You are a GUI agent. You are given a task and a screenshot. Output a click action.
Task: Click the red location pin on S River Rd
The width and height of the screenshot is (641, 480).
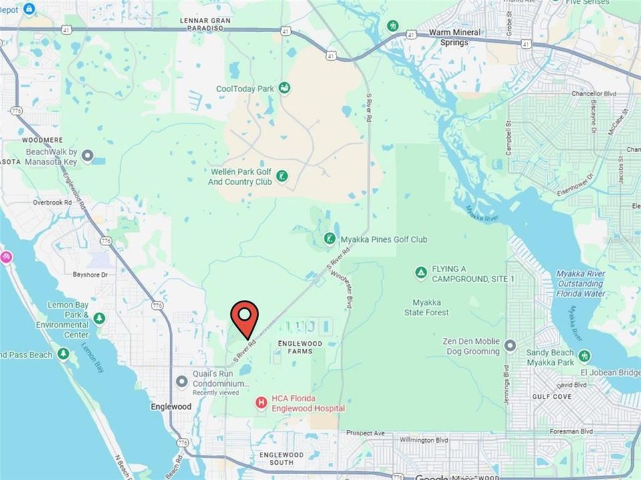click(x=246, y=319)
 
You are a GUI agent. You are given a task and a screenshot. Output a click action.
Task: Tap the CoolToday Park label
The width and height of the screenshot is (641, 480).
click(x=246, y=88)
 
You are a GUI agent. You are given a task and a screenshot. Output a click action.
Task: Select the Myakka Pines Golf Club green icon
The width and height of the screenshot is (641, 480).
click(x=329, y=239)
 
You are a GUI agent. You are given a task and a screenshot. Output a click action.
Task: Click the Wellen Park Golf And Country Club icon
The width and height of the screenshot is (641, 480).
click(x=283, y=177)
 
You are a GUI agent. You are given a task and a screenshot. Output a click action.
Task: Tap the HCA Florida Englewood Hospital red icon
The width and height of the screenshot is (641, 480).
click(x=261, y=403)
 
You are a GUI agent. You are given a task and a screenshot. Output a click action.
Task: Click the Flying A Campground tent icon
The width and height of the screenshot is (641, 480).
click(x=421, y=273)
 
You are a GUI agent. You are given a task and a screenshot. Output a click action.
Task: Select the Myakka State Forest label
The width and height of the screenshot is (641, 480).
click(x=426, y=307)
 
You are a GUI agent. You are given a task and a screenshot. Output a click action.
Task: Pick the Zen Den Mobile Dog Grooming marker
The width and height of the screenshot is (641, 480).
click(x=510, y=345)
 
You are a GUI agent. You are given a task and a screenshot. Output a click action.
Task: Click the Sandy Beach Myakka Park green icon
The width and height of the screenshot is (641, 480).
click(x=584, y=356)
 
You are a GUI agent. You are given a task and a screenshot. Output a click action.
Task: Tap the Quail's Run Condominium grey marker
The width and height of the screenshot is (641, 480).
click(x=182, y=381)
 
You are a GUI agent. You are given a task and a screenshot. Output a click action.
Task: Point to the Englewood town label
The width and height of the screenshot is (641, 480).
click(x=171, y=407)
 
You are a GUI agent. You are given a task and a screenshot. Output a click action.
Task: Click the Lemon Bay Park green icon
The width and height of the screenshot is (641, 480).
click(x=99, y=318)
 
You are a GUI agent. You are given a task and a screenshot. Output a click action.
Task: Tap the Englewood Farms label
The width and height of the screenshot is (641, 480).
click(x=299, y=347)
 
